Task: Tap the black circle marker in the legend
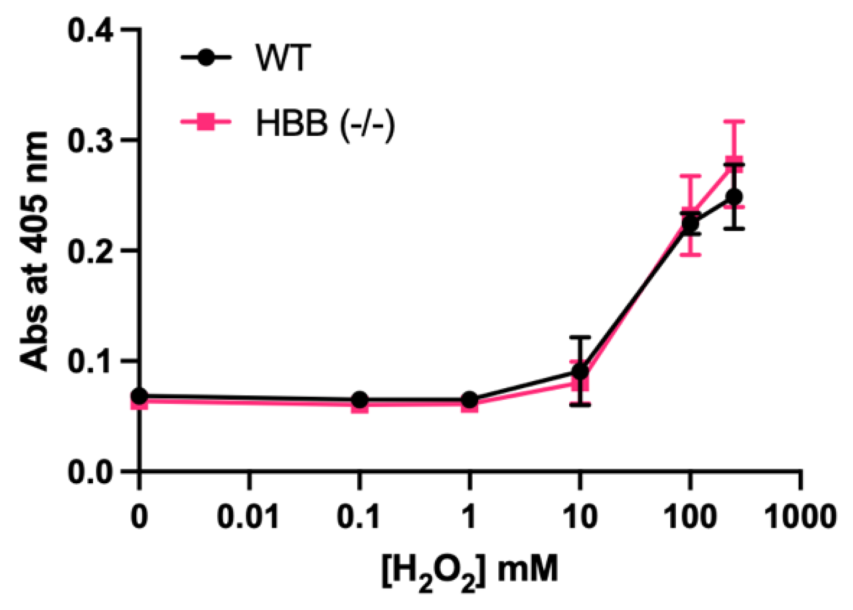tap(207, 57)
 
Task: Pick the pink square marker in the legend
tap(207, 124)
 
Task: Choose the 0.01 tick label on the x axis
tap(248, 516)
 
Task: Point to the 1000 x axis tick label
tap(801, 516)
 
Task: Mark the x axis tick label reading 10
tap(580, 516)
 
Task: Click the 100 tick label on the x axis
tap(690, 516)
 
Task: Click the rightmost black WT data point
tap(734, 197)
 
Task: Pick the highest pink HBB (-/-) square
tap(734, 163)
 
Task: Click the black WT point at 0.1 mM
tap(359, 400)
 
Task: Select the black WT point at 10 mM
tap(580, 371)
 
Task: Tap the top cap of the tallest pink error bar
tap(734, 121)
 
